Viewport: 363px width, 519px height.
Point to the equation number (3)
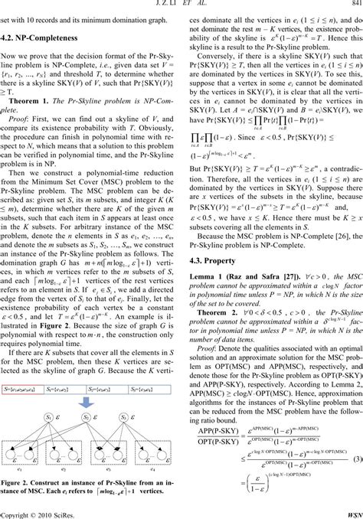[356, 458]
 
